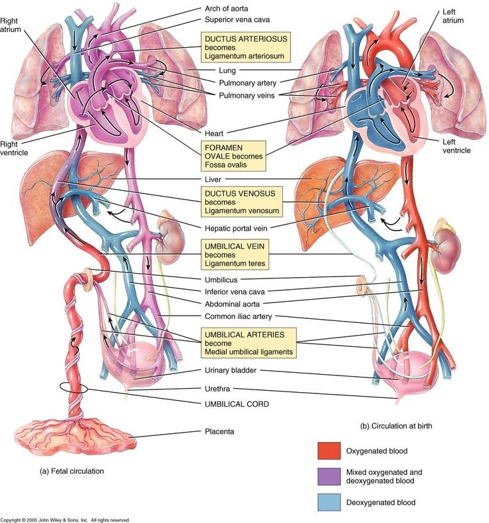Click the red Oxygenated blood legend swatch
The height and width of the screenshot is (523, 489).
click(328, 451)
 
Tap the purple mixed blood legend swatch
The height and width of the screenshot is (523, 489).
click(328, 476)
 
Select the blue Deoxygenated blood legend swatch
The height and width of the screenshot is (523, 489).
click(328, 502)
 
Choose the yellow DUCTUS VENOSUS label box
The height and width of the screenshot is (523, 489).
click(241, 201)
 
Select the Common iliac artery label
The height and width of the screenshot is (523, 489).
click(239, 316)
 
